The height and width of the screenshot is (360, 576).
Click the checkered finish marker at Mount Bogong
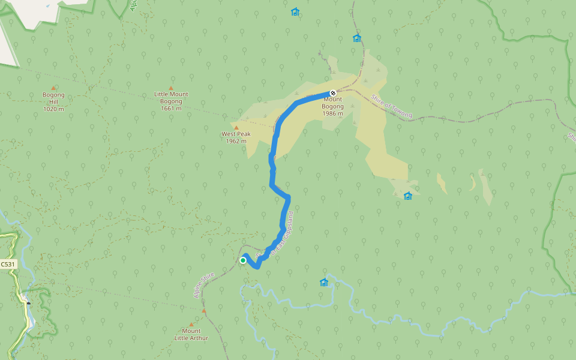[x=332, y=93]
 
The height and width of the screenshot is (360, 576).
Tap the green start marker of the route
[x=243, y=260]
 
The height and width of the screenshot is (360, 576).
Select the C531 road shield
[x=7, y=264]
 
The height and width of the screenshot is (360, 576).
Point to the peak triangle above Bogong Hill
[x=53, y=88]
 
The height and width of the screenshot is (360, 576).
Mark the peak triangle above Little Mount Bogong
[x=171, y=88]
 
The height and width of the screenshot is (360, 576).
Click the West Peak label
[x=236, y=134]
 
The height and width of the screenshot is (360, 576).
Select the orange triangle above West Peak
[x=236, y=127]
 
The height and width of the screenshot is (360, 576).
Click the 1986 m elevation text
[x=332, y=113]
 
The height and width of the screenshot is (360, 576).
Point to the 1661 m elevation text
[x=171, y=109]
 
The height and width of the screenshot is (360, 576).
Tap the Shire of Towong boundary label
[x=391, y=107]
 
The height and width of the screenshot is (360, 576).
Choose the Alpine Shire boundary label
[x=204, y=285]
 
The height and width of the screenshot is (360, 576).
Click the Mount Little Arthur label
[x=191, y=334]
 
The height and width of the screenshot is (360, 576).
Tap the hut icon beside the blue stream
[x=324, y=282]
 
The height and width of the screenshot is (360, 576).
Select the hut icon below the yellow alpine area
[x=408, y=196]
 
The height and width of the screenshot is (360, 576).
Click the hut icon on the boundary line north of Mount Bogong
[x=357, y=38]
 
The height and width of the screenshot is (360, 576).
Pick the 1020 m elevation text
[x=53, y=109]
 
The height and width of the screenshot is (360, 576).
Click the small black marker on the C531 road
[x=28, y=304]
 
